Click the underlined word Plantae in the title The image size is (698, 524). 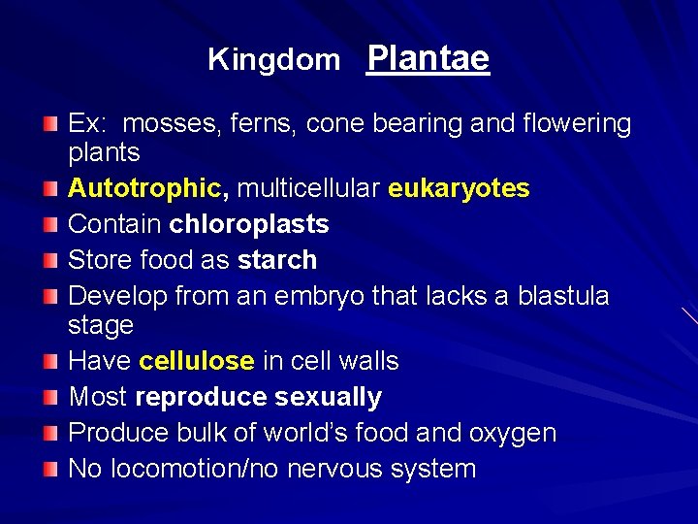click(x=428, y=59)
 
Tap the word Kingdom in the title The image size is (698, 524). click(x=274, y=60)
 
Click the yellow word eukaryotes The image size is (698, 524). click(x=459, y=188)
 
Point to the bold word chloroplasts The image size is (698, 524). click(x=249, y=224)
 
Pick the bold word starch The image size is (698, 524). click(x=277, y=260)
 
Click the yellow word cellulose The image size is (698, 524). click(x=197, y=361)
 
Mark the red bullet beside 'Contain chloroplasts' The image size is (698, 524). click(x=51, y=224)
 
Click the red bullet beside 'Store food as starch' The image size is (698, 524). click(x=51, y=260)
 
